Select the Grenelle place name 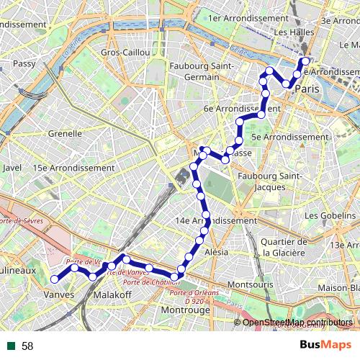pyautogui.click(x=66, y=133)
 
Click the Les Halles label pyautogui.click(x=292, y=33)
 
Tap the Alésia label pyautogui.click(x=217, y=252)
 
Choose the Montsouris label pyautogui.click(x=250, y=284)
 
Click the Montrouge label pyautogui.click(x=186, y=310)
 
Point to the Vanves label pyautogui.click(x=60, y=295)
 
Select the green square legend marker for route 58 pyautogui.click(x=11, y=346)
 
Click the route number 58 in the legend pyautogui.click(x=27, y=346)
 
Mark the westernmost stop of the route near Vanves pyautogui.click(x=55, y=279)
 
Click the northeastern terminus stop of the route pyautogui.click(x=307, y=60)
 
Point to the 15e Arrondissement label pyautogui.click(x=73, y=167)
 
